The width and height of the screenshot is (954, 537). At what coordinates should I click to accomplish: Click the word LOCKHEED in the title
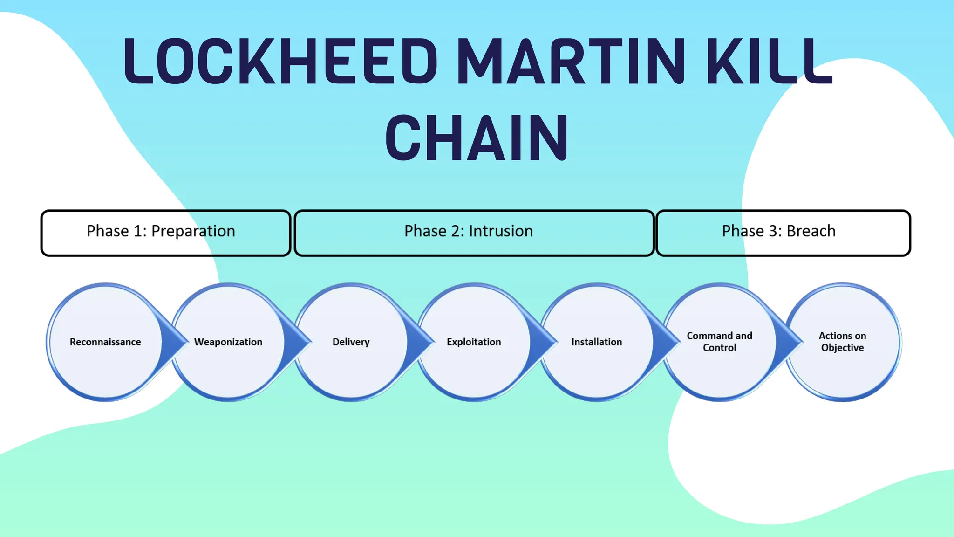coord(279,62)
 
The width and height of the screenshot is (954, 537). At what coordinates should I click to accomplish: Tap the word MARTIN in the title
coord(571,62)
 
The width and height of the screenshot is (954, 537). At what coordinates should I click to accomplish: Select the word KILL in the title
coord(769,62)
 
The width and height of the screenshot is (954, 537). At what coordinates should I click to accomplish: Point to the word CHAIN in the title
coord(477,138)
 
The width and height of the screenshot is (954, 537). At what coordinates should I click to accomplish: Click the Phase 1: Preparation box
coord(166,233)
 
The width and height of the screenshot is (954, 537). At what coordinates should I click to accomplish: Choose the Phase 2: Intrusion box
coord(474,233)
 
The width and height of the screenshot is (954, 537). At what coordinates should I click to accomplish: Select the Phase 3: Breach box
coord(783,233)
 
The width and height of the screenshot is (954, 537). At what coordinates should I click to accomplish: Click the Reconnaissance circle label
coord(105,342)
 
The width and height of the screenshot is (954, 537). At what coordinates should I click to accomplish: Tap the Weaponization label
coord(228,342)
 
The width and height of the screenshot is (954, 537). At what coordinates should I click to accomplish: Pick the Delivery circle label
coord(351,342)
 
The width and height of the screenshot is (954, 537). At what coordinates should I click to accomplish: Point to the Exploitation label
coord(474,342)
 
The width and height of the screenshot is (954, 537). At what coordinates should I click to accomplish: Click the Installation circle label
coord(597,342)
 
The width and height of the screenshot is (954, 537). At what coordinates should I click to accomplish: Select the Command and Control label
coord(719,342)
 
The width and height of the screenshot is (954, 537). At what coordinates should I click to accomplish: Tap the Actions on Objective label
coord(842,342)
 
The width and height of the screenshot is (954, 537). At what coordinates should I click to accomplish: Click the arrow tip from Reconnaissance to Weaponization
coord(184,342)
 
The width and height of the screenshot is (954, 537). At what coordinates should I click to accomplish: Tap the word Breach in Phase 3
coord(811,231)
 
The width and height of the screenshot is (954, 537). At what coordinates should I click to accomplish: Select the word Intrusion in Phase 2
coord(501,231)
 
